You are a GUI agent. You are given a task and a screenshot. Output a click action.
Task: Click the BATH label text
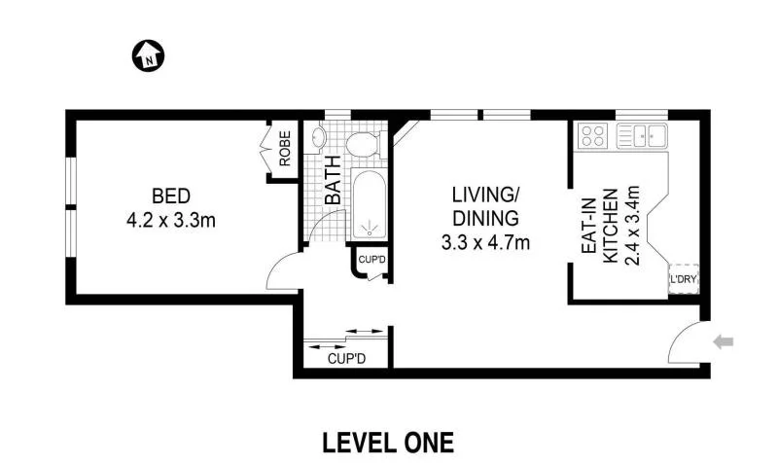click(x=332, y=180)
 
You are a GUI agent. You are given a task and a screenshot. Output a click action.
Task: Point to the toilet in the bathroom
click(x=362, y=147)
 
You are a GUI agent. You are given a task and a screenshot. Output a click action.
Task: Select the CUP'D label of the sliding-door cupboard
click(x=345, y=359)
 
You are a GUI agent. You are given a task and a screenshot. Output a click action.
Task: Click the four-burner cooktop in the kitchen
click(x=592, y=136)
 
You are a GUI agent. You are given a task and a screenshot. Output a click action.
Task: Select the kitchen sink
click(x=642, y=136)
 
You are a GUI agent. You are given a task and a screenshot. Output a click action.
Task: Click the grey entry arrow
click(x=725, y=341)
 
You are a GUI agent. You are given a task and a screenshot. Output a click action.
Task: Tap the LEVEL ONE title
click(x=388, y=443)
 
